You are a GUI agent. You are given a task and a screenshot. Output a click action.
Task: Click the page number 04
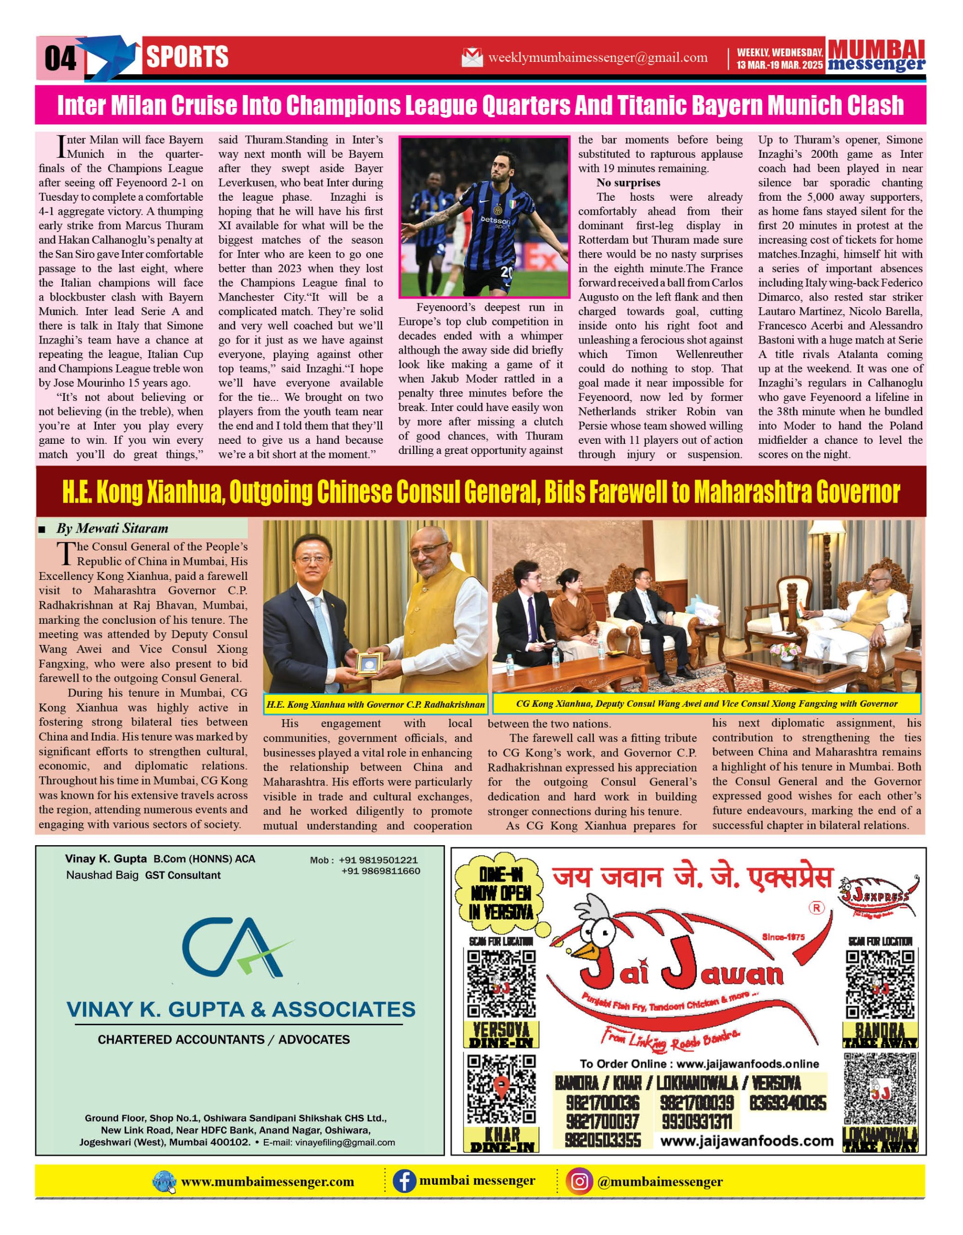tap(60, 58)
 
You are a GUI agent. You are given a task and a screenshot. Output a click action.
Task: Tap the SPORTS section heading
tap(187, 57)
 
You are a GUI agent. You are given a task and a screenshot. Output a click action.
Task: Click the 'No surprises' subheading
tap(628, 183)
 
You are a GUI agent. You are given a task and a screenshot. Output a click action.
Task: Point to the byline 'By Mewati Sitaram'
tap(112, 528)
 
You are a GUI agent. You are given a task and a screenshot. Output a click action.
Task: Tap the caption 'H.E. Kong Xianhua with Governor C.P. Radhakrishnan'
tap(375, 704)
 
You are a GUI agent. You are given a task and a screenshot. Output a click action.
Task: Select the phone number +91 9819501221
tap(378, 860)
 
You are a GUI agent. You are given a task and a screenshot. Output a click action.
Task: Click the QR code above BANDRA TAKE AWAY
tap(880, 985)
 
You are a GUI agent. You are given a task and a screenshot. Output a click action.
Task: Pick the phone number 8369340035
tap(788, 1103)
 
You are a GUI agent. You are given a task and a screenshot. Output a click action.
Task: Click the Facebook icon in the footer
tap(404, 1181)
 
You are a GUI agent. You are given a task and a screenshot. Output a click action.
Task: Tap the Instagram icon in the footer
tap(579, 1181)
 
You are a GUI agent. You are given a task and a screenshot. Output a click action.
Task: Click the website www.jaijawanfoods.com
tap(746, 1141)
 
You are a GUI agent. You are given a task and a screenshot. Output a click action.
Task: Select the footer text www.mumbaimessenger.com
tap(267, 1182)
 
